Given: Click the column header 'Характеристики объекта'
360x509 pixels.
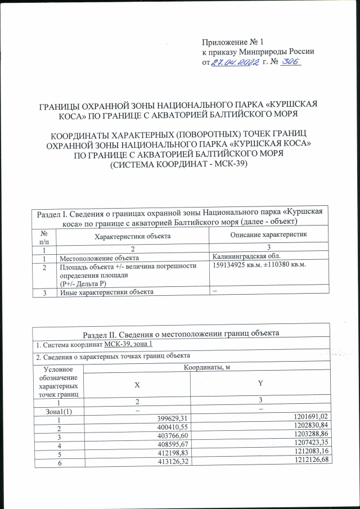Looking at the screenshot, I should [133, 237].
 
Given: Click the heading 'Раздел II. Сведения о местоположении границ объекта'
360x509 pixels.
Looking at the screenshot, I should [181, 333].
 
